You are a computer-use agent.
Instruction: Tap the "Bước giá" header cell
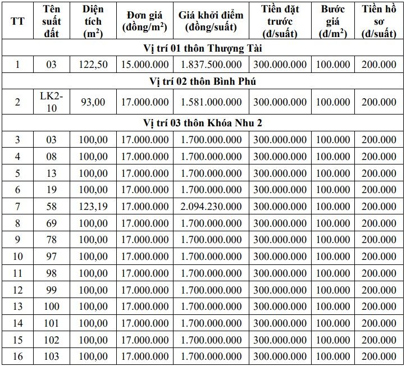[x=334, y=21]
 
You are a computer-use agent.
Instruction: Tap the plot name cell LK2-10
[x=52, y=102]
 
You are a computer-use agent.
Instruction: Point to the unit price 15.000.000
[x=144, y=65]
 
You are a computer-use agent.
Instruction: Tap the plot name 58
[x=52, y=207]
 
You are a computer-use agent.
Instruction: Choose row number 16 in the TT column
[x=17, y=356]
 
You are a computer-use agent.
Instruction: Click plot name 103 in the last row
[x=52, y=356]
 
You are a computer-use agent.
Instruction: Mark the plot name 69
[x=52, y=223]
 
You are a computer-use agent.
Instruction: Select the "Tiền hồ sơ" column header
[x=380, y=21]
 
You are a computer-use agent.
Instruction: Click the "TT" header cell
[x=17, y=21]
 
